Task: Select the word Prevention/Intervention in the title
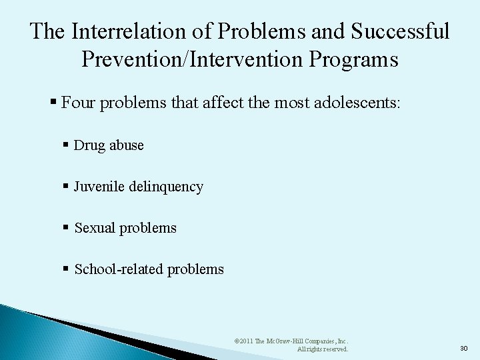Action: [x=197, y=59]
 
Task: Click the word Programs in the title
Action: [x=360, y=59]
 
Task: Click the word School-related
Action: [x=119, y=269]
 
